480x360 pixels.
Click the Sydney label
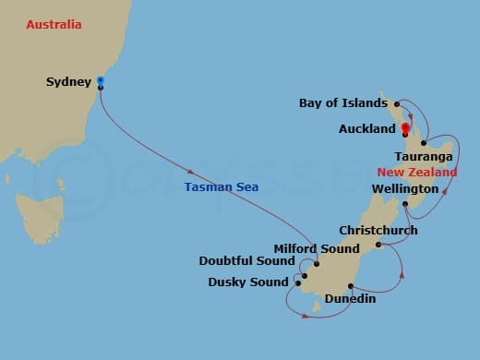(68, 82)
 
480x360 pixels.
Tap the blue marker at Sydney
(100, 82)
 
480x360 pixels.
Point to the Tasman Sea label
(221, 186)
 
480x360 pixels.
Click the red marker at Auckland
(405, 127)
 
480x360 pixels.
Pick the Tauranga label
(423, 158)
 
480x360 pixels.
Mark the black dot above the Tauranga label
(424, 143)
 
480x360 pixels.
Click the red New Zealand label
(416, 173)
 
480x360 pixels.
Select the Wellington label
(404, 189)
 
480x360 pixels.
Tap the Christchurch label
(378, 230)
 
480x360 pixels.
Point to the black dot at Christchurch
(379, 245)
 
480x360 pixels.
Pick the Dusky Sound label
(248, 282)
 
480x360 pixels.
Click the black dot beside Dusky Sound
(298, 282)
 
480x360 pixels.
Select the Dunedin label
(350, 299)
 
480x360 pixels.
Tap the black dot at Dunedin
(350, 285)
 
